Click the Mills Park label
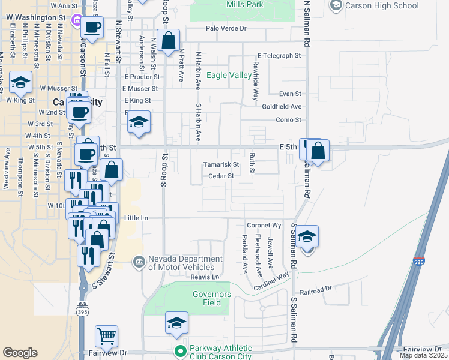point(245,5)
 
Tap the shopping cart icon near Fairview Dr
point(107,336)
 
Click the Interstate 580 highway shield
point(420,262)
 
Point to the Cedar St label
point(221,176)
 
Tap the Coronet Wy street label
point(264,226)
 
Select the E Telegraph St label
point(279,56)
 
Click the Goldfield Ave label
point(282,106)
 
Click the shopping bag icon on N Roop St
point(169,41)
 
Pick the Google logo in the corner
point(20,352)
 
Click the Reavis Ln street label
point(205,277)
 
